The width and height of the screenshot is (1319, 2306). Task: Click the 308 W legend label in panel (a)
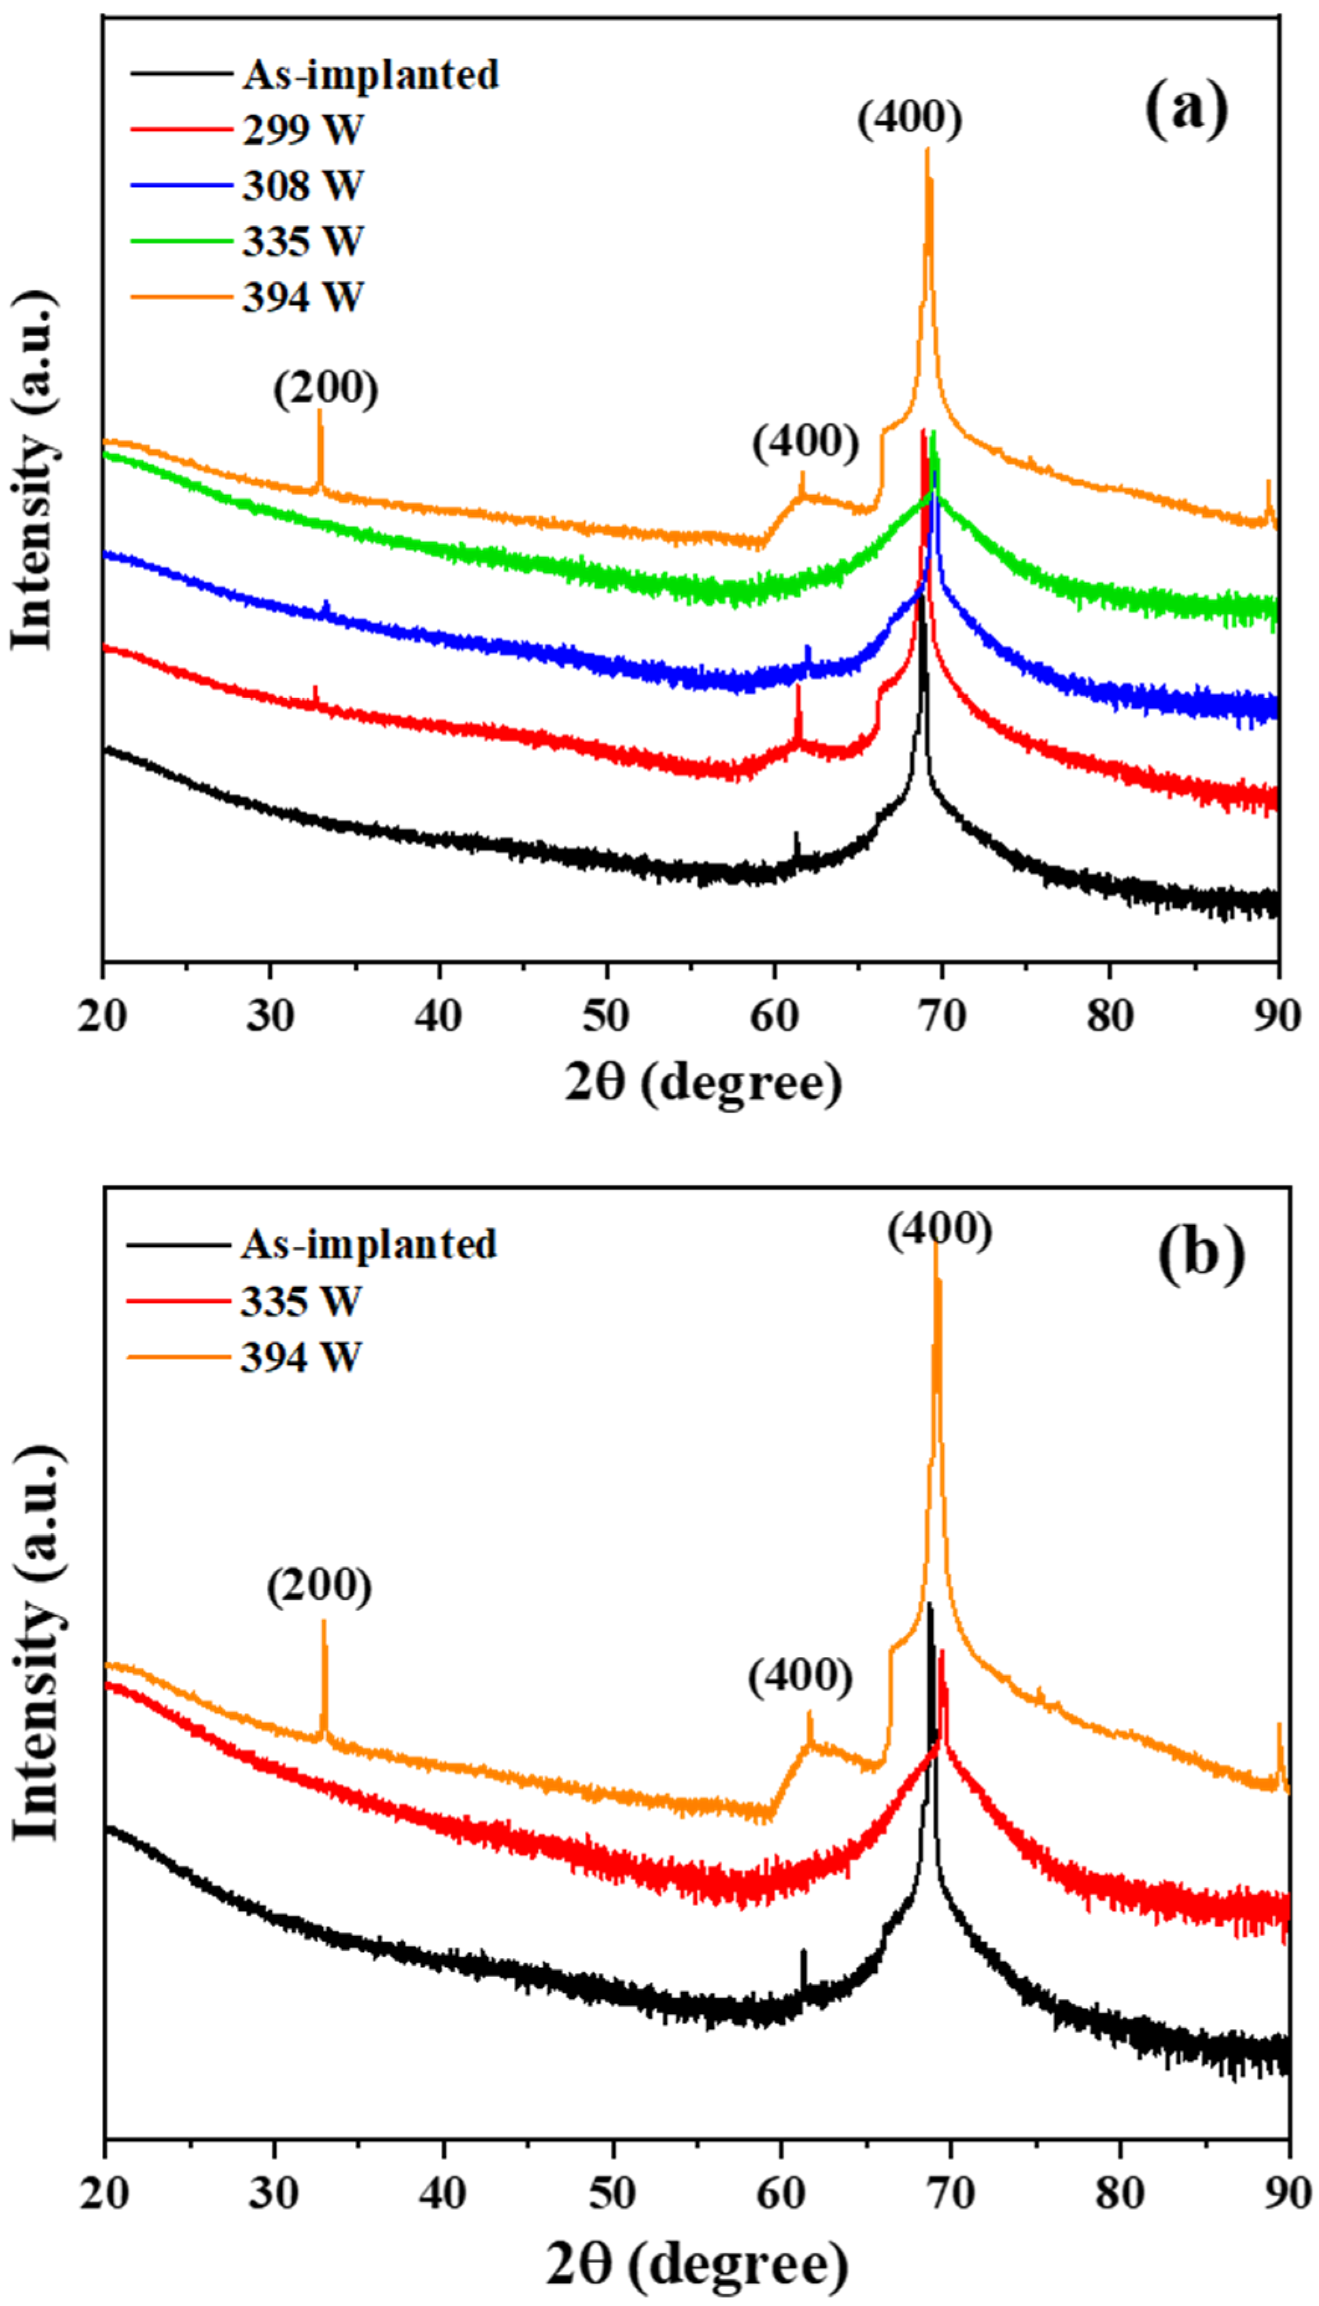click(x=302, y=186)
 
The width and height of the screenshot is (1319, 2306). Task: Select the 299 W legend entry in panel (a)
click(x=302, y=130)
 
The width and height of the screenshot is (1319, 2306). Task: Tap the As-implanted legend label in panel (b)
click(x=369, y=1245)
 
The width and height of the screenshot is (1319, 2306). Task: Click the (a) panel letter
click(x=1186, y=109)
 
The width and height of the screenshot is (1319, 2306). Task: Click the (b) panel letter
click(x=1201, y=1255)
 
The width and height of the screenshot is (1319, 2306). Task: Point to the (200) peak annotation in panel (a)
click(x=326, y=389)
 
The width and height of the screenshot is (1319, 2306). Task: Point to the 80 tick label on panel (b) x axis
click(x=1121, y=2194)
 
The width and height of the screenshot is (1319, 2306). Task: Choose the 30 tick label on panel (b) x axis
click(x=274, y=2194)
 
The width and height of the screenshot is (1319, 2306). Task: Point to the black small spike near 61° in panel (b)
click(x=802, y=1966)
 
